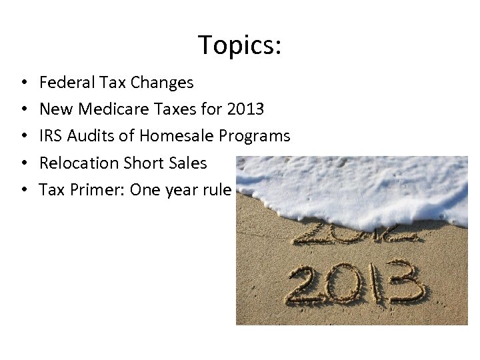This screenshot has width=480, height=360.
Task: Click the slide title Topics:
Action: (240, 45)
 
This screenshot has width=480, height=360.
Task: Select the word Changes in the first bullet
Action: (162, 83)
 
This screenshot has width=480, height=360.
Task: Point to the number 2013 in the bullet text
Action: (245, 109)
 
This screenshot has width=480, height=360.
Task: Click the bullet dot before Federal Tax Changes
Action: (23, 83)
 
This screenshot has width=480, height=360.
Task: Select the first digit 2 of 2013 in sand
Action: (307, 286)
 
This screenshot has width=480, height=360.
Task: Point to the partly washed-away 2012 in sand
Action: (354, 234)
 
